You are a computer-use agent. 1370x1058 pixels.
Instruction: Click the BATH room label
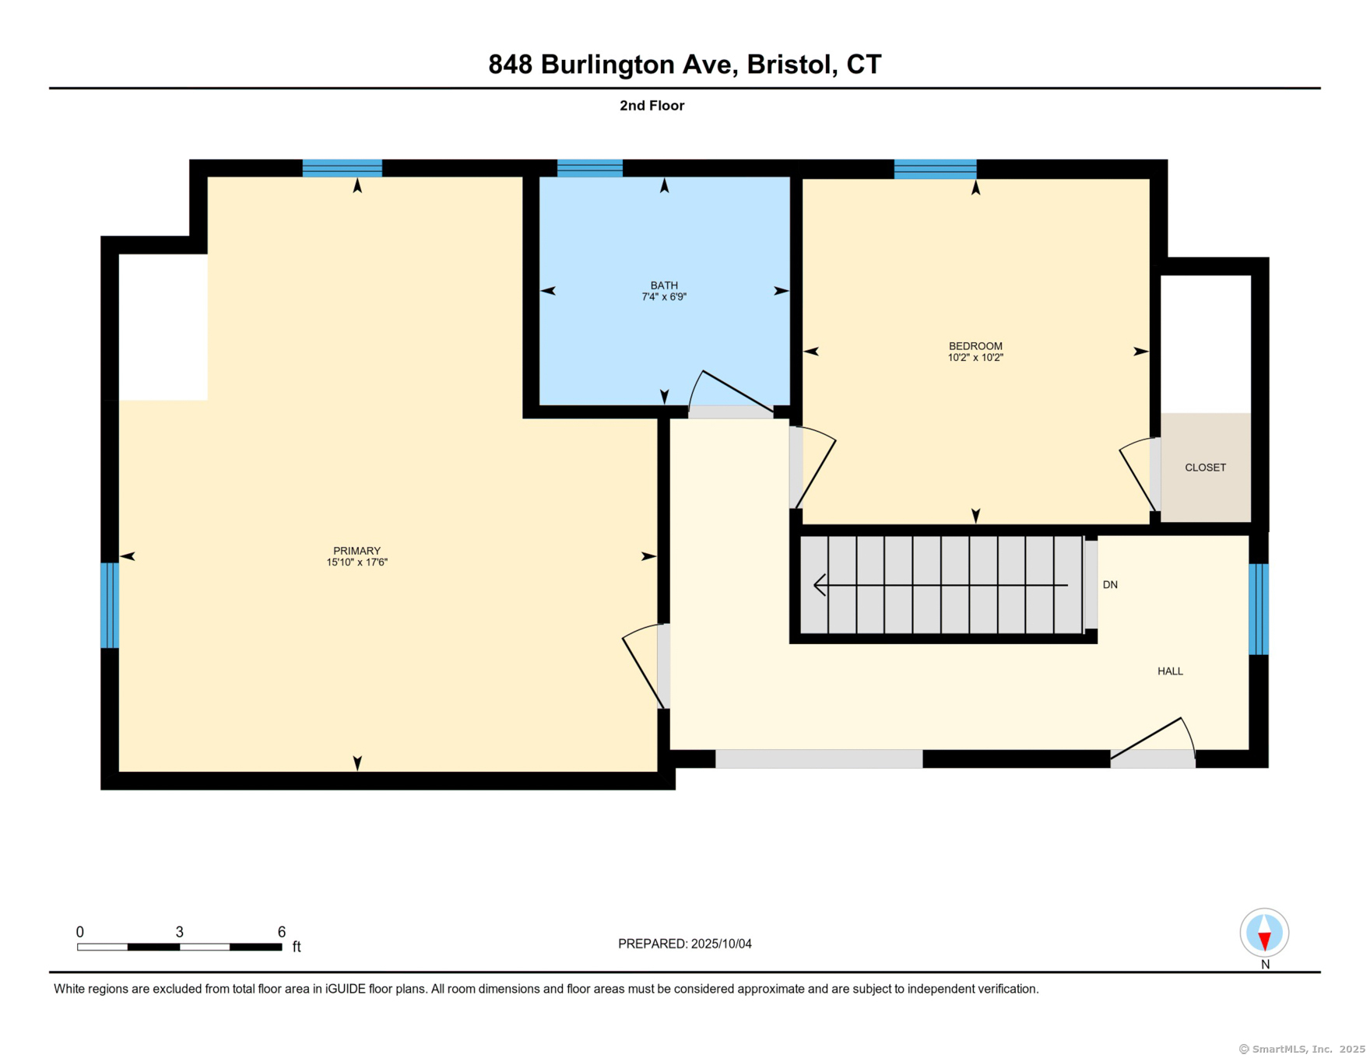coord(664,286)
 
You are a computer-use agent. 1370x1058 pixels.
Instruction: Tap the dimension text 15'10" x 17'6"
coord(357,562)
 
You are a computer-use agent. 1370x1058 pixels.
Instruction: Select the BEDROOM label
coord(975,346)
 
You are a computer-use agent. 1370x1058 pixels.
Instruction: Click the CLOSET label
coord(1204,468)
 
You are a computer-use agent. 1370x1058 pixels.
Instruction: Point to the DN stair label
coord(1110,585)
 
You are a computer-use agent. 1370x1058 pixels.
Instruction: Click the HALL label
coord(1169,671)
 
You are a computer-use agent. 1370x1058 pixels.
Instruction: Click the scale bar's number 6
coord(281,932)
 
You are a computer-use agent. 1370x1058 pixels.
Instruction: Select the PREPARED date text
coord(684,944)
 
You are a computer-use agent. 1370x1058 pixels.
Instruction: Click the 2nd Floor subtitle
coord(652,106)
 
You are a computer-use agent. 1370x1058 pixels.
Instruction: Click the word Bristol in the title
coord(787,65)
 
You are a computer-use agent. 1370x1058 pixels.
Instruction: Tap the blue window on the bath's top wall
coord(589,168)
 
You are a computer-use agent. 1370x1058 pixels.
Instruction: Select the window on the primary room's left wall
coord(109,605)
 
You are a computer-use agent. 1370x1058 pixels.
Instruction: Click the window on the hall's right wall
coord(1258,609)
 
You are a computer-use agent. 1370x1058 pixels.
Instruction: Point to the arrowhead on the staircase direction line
coord(818,585)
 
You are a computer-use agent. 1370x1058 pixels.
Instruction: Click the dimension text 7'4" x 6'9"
coord(664,297)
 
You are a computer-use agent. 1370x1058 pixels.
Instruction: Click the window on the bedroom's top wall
coord(934,169)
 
